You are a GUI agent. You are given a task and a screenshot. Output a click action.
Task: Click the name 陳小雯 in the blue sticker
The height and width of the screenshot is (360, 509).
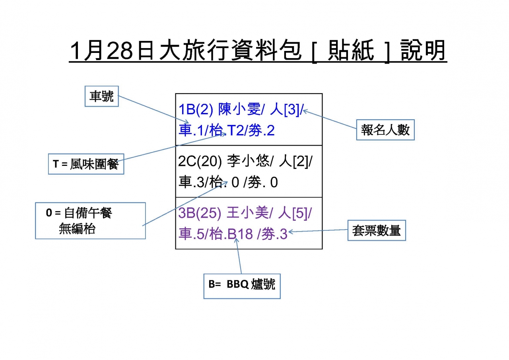pyautogui.click(x=239, y=109)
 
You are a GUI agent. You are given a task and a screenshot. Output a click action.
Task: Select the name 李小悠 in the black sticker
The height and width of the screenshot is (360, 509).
pyautogui.click(x=248, y=161)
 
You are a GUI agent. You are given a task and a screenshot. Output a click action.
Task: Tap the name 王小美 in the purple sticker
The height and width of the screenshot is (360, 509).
pyautogui.click(x=247, y=213)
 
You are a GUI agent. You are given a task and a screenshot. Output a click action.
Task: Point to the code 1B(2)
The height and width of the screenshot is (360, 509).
pyautogui.click(x=196, y=109)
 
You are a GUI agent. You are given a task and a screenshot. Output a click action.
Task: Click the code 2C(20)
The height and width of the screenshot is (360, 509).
pyautogui.click(x=200, y=162)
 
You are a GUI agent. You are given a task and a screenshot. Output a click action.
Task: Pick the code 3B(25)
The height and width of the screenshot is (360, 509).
pyautogui.click(x=200, y=213)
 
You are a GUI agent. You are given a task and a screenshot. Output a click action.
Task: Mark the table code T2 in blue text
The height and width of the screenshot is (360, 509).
pyautogui.click(x=235, y=130)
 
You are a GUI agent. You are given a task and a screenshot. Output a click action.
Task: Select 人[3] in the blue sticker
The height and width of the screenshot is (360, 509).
pyautogui.click(x=285, y=109)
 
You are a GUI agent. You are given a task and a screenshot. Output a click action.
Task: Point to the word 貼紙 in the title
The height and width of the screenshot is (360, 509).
pyautogui.click(x=351, y=50)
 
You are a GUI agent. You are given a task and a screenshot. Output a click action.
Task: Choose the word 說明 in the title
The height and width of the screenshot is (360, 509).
pyautogui.click(x=423, y=50)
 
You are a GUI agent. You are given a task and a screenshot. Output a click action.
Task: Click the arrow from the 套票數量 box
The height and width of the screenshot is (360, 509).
pyautogui.click(x=318, y=231)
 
